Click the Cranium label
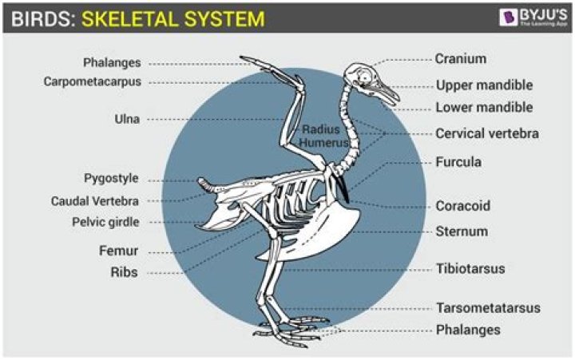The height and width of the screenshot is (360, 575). coord(460,58)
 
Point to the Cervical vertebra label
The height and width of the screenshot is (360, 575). coord(486,133)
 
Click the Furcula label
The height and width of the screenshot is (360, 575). coord(458,162)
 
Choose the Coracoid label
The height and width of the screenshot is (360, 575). coord(462,205)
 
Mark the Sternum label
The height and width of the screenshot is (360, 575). coord(461,231)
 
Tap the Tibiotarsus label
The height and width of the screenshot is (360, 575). coord(470,268)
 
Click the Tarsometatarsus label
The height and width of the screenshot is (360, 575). coord(488,307)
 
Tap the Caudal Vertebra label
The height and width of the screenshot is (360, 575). coord(106,200)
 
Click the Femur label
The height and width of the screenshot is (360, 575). coord(121,251)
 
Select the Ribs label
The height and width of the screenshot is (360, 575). coord(125,272)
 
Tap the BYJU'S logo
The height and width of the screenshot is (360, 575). coord(528,18)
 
